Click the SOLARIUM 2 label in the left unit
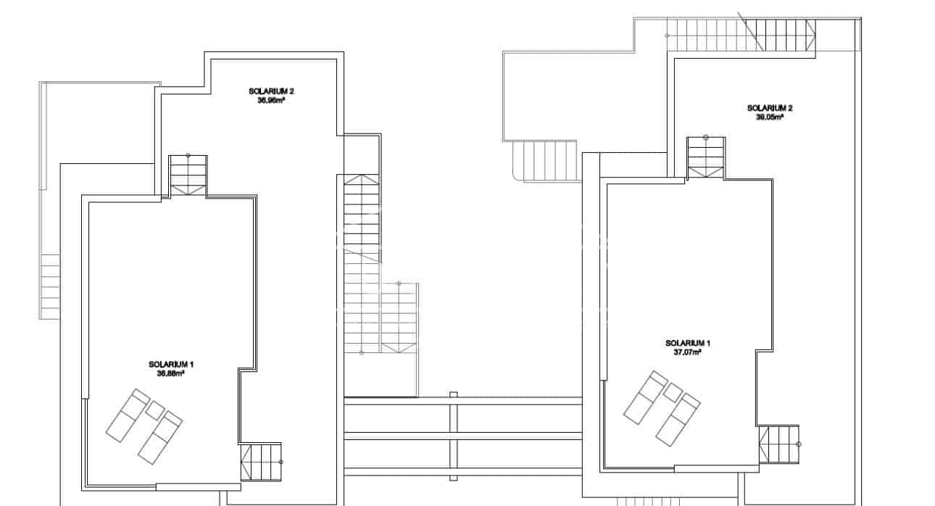[271, 91]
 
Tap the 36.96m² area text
[271, 101]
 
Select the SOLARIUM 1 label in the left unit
[170, 364]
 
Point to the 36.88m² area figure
[170, 373]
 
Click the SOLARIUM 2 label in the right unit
[770, 108]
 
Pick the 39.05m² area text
[770, 117]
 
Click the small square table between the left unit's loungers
[154, 410]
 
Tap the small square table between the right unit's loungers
[673, 392]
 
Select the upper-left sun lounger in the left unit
[128, 415]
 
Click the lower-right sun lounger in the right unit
[678, 419]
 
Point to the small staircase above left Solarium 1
[188, 175]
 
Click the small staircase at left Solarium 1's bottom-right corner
[260, 462]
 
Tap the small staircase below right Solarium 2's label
[706, 157]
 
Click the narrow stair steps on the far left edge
[50, 286]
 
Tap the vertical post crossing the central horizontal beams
[454, 436]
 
